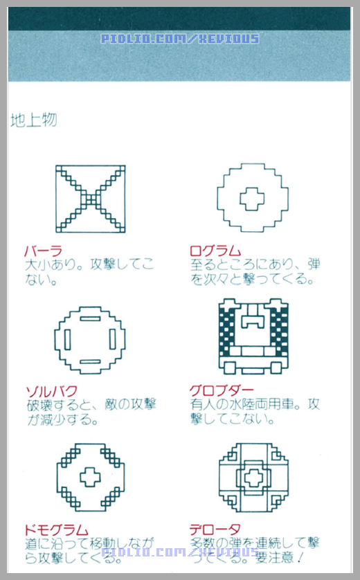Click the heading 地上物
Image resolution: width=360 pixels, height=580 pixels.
(x=33, y=120)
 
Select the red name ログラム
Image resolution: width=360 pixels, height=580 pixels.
(x=215, y=251)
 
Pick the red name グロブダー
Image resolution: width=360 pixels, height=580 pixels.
(x=222, y=391)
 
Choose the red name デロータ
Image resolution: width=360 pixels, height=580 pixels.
(x=215, y=529)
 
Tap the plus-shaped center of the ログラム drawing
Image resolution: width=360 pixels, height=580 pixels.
(x=252, y=199)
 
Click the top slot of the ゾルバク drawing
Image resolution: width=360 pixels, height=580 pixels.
(x=90, y=319)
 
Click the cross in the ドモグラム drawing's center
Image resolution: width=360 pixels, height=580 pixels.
(x=90, y=477)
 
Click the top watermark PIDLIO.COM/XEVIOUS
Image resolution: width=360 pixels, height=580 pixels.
(x=180, y=39)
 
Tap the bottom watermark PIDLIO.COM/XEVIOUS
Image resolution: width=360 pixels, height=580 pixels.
(x=180, y=552)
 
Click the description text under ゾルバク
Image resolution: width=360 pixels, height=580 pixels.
(x=90, y=412)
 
